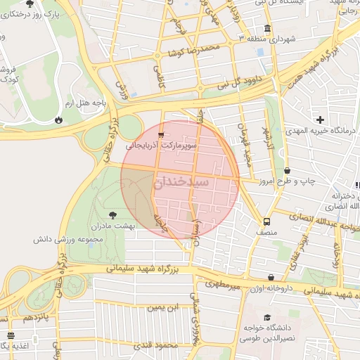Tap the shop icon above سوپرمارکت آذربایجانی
pyautogui.click(x=162, y=134)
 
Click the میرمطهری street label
pyautogui.click(x=224, y=285)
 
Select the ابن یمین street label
pyautogui.click(x=163, y=307)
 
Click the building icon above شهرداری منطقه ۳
pyautogui.click(x=241, y=37)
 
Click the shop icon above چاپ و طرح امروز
pyautogui.click(x=287, y=170)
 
